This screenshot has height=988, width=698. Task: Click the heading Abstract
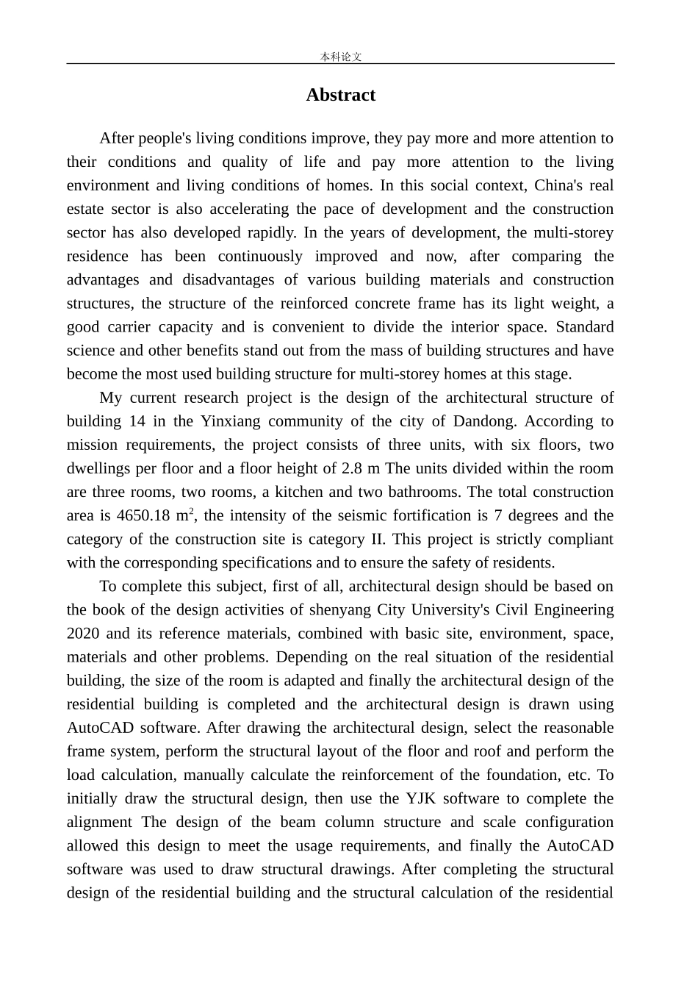click(340, 95)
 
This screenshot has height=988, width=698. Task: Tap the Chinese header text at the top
click(340, 57)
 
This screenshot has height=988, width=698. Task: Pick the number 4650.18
click(143, 516)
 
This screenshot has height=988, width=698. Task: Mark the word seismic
click(354, 516)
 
